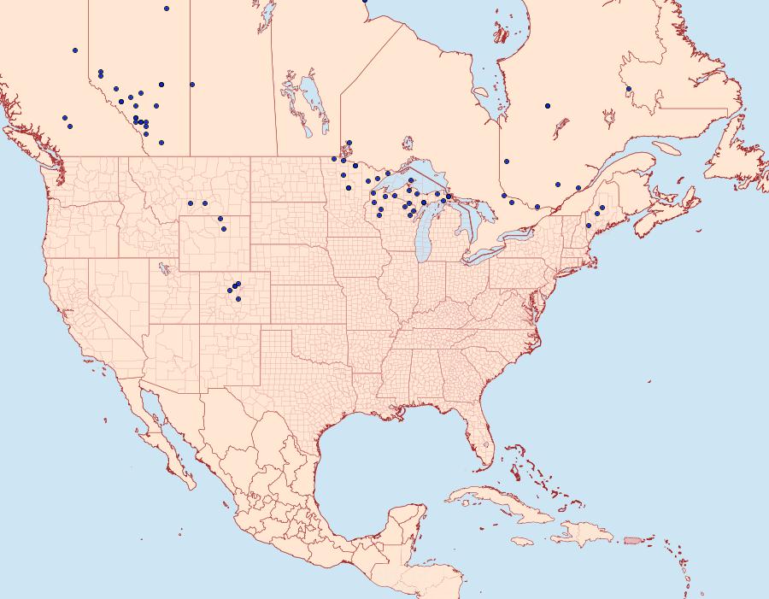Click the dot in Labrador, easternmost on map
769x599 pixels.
[629, 89]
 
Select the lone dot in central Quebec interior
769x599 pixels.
[548, 106]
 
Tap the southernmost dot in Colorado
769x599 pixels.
[238, 299]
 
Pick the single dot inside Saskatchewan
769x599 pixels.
[193, 85]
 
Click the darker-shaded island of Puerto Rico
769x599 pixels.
[632, 539]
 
